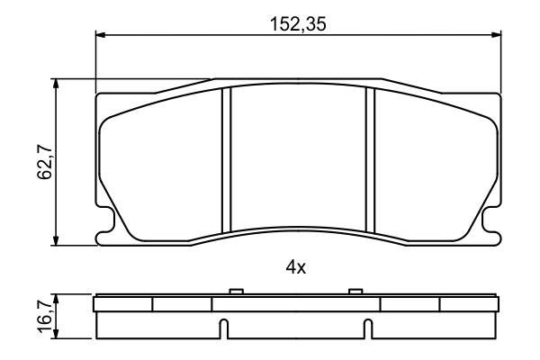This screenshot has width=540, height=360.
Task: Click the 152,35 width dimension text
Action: pyautogui.click(x=298, y=25)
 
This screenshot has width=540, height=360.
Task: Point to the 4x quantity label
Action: pyautogui.click(x=297, y=267)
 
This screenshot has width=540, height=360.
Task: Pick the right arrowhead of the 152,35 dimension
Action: pyautogui.click(x=495, y=36)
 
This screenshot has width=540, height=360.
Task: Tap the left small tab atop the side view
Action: pyautogui.click(x=236, y=291)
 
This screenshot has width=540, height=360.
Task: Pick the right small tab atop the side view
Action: pyautogui.click(x=355, y=291)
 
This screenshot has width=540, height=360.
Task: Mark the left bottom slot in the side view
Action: pyautogui.click(x=227, y=329)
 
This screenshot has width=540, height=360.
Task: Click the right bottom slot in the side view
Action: pyautogui.click(x=366, y=329)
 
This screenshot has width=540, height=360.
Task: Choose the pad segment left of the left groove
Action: pyautogui.click(x=162, y=166)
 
